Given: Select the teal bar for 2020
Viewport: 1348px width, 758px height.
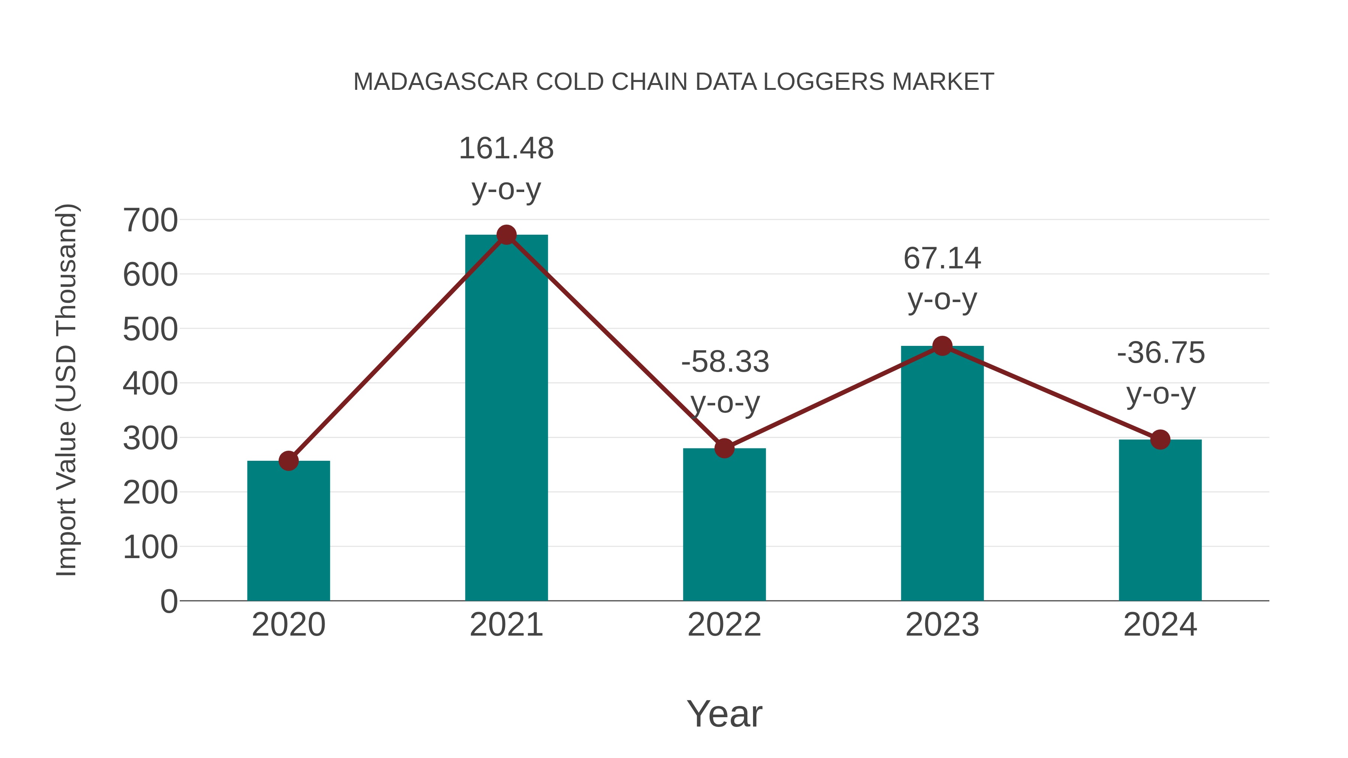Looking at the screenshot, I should point(288,531).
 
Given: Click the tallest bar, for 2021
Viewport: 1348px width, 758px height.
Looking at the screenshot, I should point(506,418).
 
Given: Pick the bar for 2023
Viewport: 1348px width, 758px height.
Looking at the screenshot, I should point(942,474).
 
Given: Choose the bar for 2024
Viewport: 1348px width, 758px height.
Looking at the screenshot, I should point(1160,521).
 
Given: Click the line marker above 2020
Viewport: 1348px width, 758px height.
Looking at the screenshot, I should point(288,461).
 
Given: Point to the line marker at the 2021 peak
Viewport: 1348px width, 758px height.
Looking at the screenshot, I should point(506,235).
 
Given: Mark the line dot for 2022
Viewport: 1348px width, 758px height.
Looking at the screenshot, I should point(724,448).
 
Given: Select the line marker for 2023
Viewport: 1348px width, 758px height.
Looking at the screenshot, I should point(942,346).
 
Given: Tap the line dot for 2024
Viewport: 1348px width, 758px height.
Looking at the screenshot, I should point(1160,439).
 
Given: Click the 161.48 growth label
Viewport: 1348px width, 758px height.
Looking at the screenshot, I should point(506,149).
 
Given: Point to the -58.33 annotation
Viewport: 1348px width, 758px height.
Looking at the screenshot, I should point(725,362).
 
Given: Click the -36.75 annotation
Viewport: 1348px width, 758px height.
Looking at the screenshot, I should point(1161,353).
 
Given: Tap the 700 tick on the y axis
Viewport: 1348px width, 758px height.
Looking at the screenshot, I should point(150,220).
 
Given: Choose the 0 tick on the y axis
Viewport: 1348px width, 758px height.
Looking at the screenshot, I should point(168,602).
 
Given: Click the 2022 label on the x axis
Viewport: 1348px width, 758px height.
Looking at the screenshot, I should point(724,625).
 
